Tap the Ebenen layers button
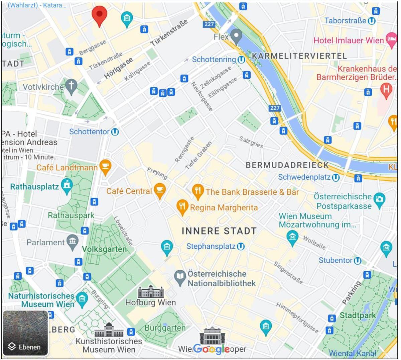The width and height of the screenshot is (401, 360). coord(25,333)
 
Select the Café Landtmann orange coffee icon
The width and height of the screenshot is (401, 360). coord(105,167)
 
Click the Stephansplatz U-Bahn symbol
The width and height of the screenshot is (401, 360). coord(241,247)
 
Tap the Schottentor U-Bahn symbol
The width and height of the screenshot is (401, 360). coord(115,132)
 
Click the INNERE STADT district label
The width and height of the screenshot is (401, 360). coord(219,231)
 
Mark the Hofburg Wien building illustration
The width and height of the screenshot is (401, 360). coord(151,292)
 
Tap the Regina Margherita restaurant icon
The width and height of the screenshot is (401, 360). coord(182,207)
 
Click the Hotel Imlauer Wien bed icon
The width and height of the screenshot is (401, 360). coord(391,39)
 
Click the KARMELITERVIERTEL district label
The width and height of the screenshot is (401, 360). coord(299,56)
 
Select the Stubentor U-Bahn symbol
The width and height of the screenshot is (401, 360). coord(357,260)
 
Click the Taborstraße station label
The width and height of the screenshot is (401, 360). coord(345,21)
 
